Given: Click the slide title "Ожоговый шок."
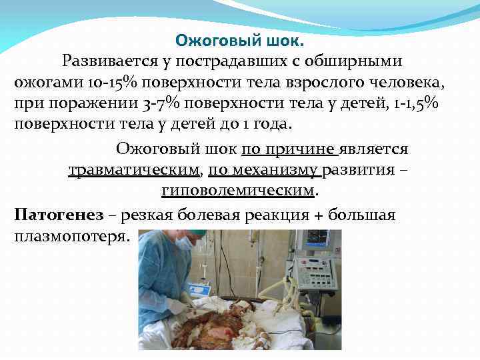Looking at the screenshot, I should [x=239, y=41].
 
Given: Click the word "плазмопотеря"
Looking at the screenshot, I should [x=69, y=237].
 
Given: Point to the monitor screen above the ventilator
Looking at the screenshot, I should [x=317, y=238].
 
